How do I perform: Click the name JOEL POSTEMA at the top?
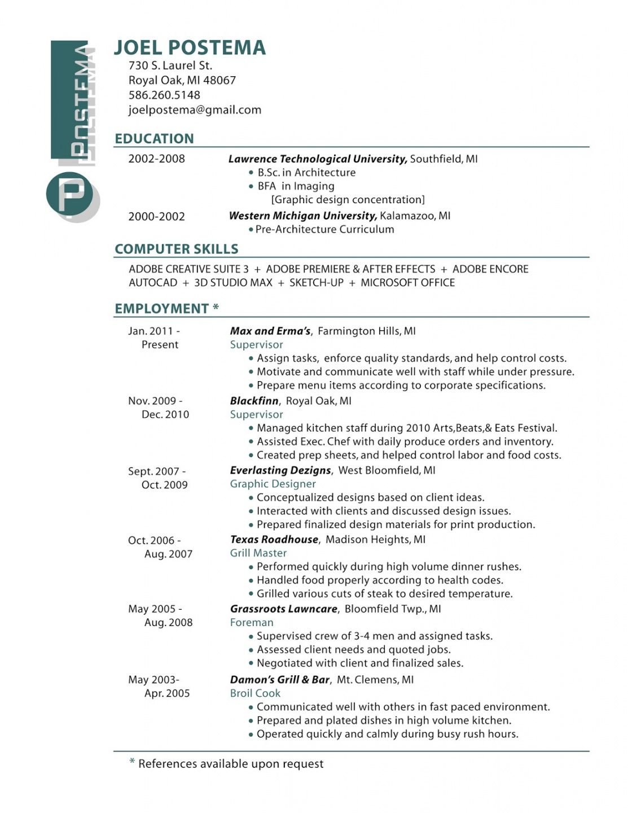click(190, 48)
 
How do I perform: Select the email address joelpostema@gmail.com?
click(195, 110)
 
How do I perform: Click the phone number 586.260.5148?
click(164, 95)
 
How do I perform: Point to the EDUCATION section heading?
click(154, 139)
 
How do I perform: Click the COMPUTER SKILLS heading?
click(177, 249)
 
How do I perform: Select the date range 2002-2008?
click(156, 159)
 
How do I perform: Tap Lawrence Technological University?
click(317, 159)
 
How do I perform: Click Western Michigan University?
click(302, 216)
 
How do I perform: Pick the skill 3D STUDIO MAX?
click(233, 283)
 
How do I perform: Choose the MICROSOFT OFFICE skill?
click(407, 283)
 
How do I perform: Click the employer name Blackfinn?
click(254, 401)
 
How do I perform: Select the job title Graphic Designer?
click(273, 484)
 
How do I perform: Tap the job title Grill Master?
click(258, 553)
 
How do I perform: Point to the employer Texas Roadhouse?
click(274, 540)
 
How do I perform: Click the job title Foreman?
click(252, 623)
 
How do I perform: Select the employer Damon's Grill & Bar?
click(280, 680)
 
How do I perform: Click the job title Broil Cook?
click(255, 693)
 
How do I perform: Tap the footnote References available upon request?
click(231, 764)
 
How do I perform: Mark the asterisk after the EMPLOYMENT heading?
click(216, 308)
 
